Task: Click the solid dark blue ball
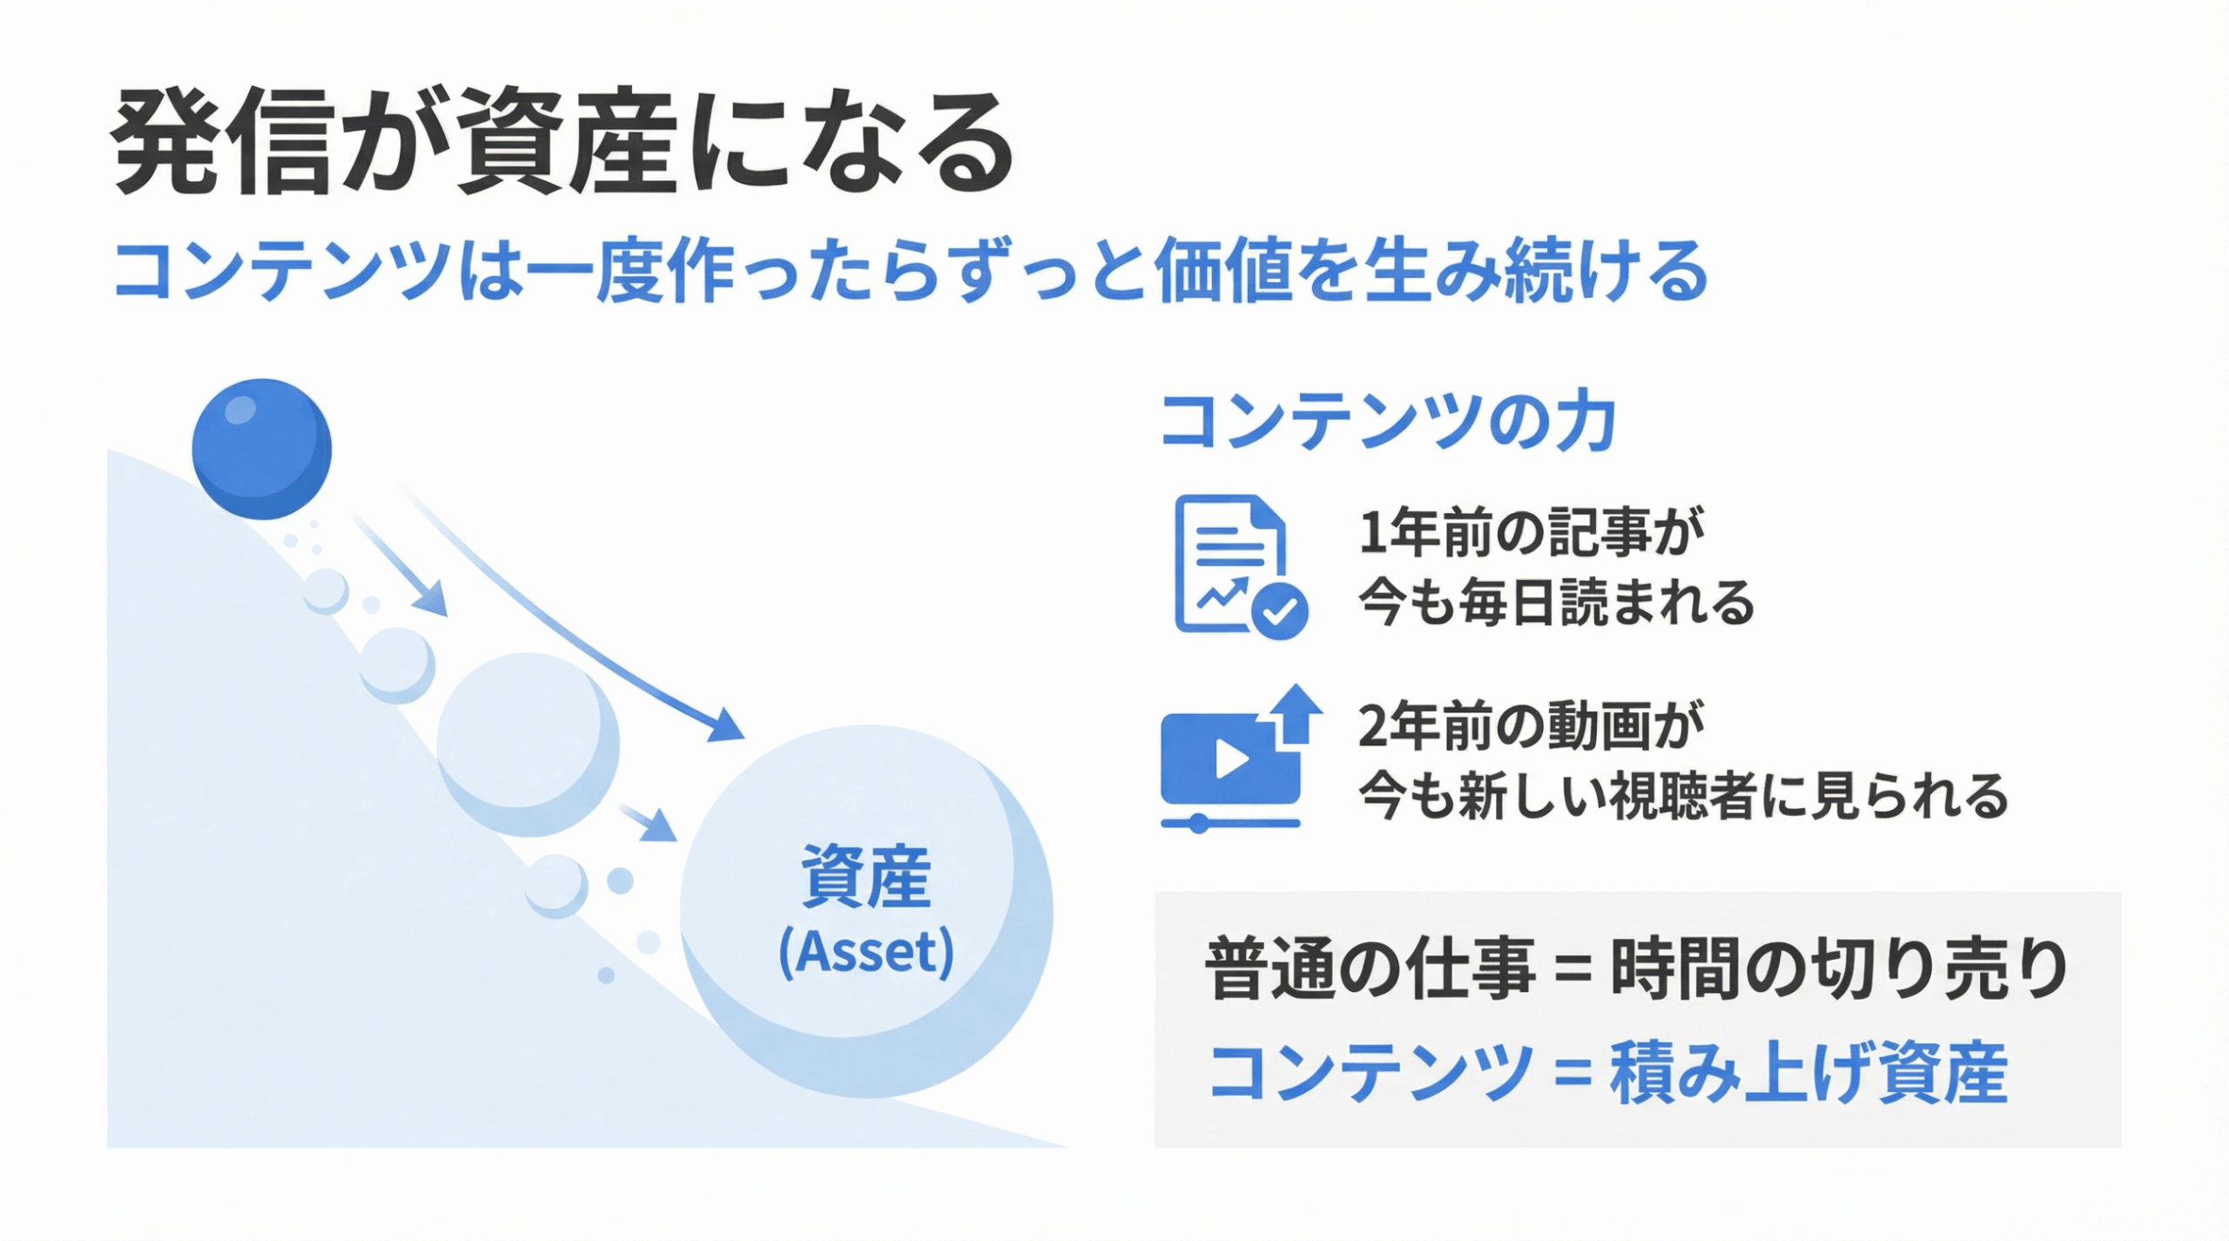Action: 261,449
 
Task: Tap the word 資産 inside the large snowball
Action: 865,876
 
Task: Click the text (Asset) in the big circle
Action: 865,952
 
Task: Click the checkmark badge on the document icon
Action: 1279,612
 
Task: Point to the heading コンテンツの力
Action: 1388,422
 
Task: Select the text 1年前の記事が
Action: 1532,532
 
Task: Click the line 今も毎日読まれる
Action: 1556,603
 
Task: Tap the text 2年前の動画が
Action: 1531,726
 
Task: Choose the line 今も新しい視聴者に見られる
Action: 1683,797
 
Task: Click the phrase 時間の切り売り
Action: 1839,969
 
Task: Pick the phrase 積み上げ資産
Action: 1808,1074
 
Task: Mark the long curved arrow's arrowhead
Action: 724,725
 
